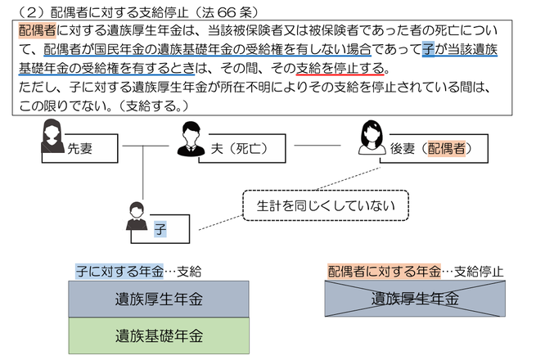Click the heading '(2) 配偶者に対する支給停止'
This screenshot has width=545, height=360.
point(123,10)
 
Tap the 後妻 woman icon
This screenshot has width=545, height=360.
point(372,138)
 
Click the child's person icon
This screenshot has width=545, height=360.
point(137,217)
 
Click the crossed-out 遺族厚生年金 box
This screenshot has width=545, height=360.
point(415,299)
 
